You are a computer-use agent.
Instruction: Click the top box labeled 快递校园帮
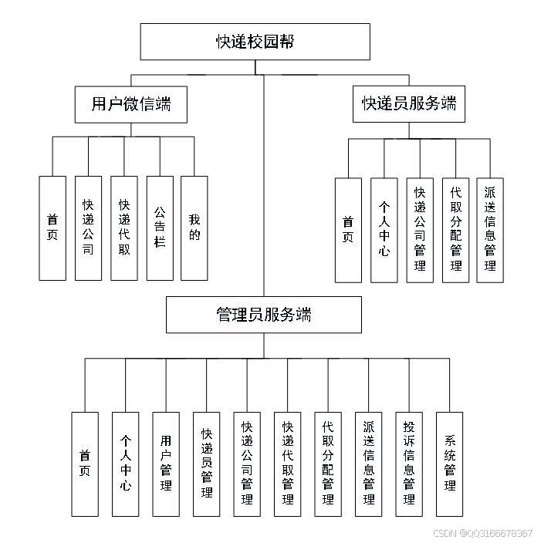click(x=255, y=42)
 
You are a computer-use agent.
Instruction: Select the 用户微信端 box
click(x=131, y=103)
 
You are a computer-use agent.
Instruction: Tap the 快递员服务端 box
click(x=409, y=103)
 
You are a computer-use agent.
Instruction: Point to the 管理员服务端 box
click(x=263, y=315)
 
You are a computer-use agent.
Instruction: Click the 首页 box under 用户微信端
click(x=52, y=228)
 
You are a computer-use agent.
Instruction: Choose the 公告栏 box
click(x=159, y=228)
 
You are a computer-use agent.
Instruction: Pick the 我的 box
click(x=194, y=228)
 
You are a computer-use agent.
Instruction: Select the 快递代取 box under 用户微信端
click(x=123, y=228)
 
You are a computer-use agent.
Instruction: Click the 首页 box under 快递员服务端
click(x=348, y=230)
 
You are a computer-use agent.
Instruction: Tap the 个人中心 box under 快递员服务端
click(x=384, y=230)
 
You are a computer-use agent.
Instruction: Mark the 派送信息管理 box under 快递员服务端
click(x=490, y=230)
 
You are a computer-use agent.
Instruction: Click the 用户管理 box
click(x=166, y=464)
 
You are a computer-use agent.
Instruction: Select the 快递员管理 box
click(x=206, y=464)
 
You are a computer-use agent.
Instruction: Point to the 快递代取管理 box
click(x=288, y=464)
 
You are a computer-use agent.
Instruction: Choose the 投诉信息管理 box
click(x=409, y=464)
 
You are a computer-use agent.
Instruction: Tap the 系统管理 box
click(x=450, y=464)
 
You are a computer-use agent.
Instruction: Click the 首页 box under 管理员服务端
click(x=85, y=464)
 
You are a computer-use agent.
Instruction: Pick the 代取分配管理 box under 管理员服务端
click(x=328, y=464)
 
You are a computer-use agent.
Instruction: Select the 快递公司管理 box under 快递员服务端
click(x=420, y=230)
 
